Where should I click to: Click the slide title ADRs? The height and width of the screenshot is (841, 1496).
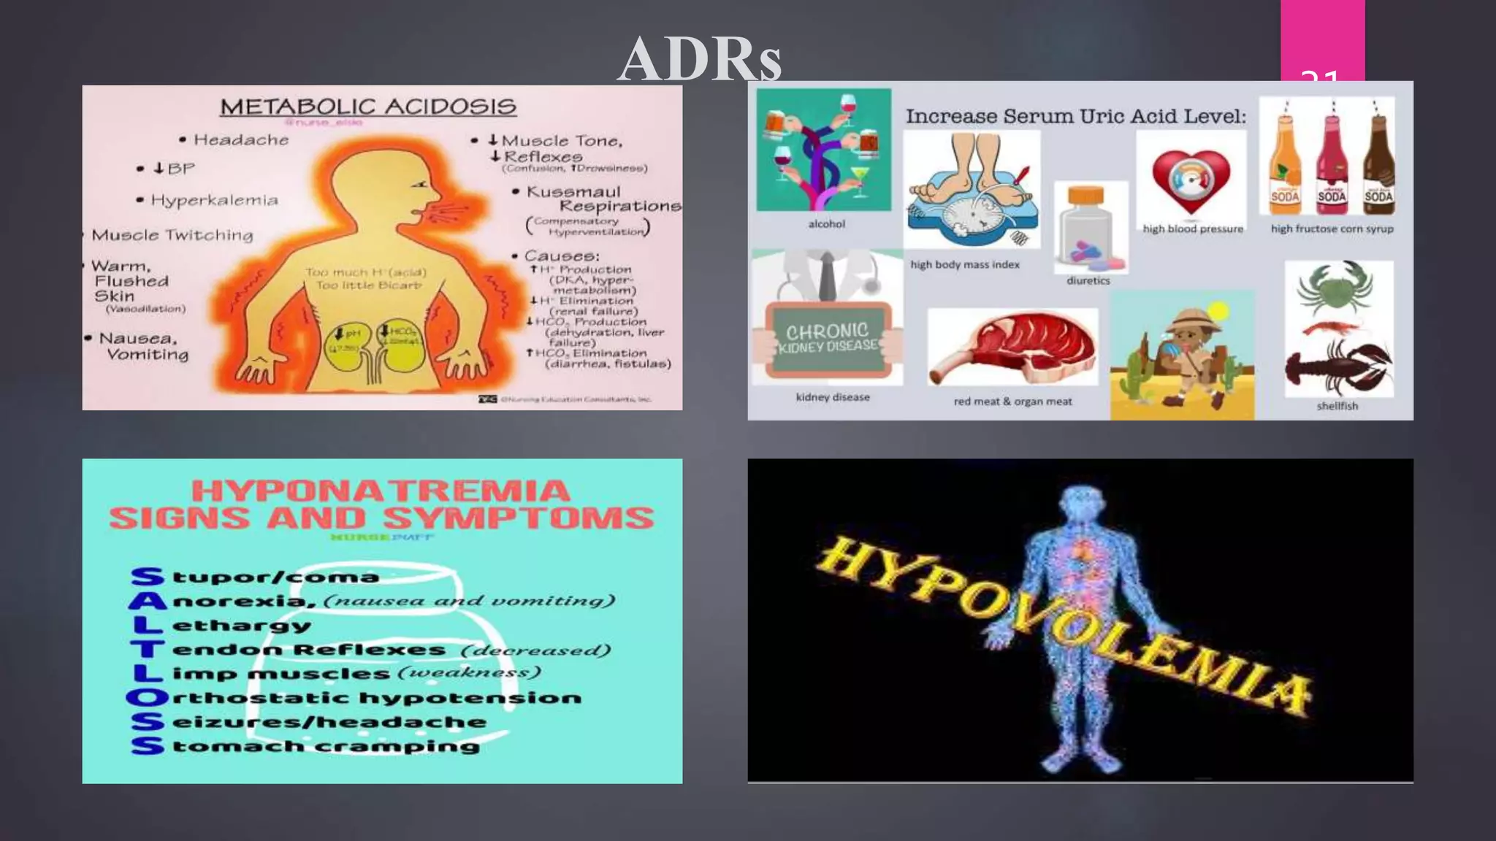click(699, 60)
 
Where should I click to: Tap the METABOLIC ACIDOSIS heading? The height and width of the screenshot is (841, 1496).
click(368, 107)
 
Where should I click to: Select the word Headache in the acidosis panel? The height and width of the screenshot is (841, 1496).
click(241, 139)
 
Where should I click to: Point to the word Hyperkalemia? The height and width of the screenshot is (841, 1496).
click(214, 200)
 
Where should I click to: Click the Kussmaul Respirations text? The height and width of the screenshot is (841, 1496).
click(603, 199)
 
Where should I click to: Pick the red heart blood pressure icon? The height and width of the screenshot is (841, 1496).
click(1191, 181)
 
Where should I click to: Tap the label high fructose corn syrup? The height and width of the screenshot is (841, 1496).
click(1332, 229)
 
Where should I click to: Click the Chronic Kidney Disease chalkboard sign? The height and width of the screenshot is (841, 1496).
click(828, 339)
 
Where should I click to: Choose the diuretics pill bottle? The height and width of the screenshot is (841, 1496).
click(1088, 229)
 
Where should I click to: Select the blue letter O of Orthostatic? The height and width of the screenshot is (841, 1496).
click(147, 698)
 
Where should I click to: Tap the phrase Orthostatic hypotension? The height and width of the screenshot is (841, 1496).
click(376, 698)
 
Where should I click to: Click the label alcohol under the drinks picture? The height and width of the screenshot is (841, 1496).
click(826, 224)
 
